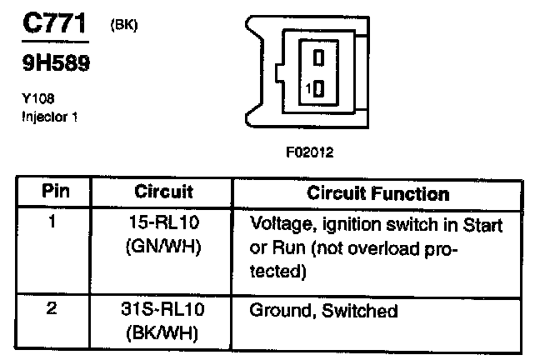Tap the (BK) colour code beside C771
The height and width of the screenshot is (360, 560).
pos(123,25)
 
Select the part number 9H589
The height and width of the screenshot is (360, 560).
pos(56,63)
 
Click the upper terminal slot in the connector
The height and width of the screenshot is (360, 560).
pos(317,58)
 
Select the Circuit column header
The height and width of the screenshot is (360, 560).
pos(163,191)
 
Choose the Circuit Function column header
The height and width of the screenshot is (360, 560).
pos(377,193)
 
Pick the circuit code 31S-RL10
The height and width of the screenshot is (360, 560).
pos(163,311)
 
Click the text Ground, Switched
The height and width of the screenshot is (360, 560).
pos(323,312)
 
